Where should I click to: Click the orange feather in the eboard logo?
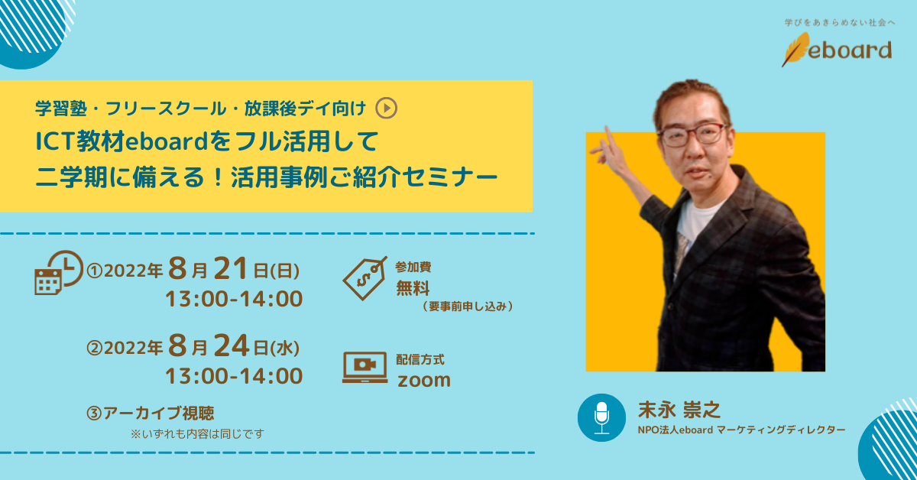pos(795,49)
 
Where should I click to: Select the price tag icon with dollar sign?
pos(364,277)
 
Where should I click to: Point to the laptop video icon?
pos(365,368)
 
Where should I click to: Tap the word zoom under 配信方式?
pos(424,379)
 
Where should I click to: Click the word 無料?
pos(413,288)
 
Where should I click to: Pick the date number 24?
pos(231,348)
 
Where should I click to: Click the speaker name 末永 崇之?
pos(680,410)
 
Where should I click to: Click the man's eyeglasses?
pos(690,135)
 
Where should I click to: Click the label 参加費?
pos(413,268)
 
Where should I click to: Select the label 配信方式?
pos(420,359)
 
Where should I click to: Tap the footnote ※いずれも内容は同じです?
pos(198,433)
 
